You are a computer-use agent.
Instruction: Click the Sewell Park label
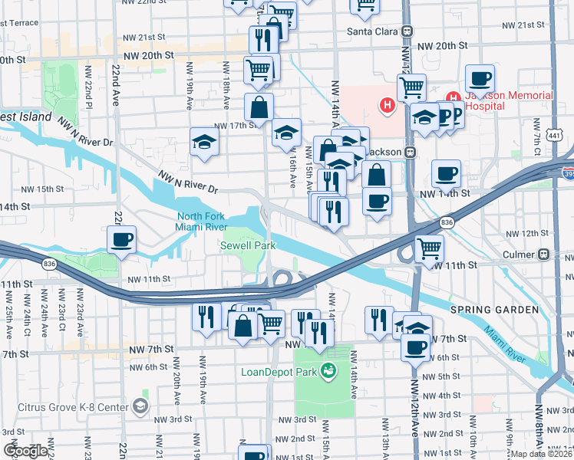click(x=247, y=246)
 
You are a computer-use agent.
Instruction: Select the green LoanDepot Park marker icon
click(x=329, y=372)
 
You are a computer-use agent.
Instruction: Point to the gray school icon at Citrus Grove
click(x=140, y=404)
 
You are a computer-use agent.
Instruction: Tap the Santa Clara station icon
click(x=407, y=31)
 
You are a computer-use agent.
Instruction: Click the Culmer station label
click(x=519, y=254)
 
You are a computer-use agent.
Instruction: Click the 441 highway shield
click(x=554, y=136)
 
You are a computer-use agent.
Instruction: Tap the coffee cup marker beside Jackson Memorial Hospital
click(x=480, y=78)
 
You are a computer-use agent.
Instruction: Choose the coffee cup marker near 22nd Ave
click(x=122, y=240)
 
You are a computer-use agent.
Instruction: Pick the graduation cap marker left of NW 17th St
click(x=204, y=142)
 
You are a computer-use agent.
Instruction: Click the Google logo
click(x=25, y=451)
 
